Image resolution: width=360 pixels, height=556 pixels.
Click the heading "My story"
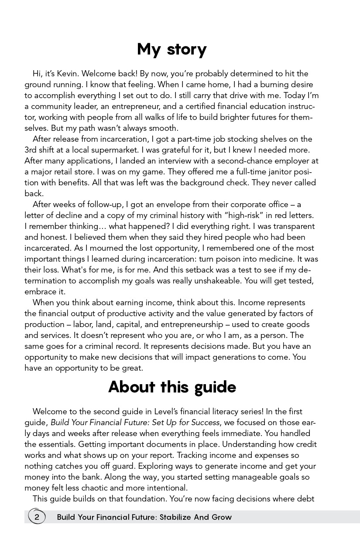pos(171,50)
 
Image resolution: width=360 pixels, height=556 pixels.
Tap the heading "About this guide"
pos(172,387)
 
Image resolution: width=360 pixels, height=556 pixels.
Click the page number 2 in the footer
pos(37,517)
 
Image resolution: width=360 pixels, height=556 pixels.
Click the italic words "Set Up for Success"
pos(186,423)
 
